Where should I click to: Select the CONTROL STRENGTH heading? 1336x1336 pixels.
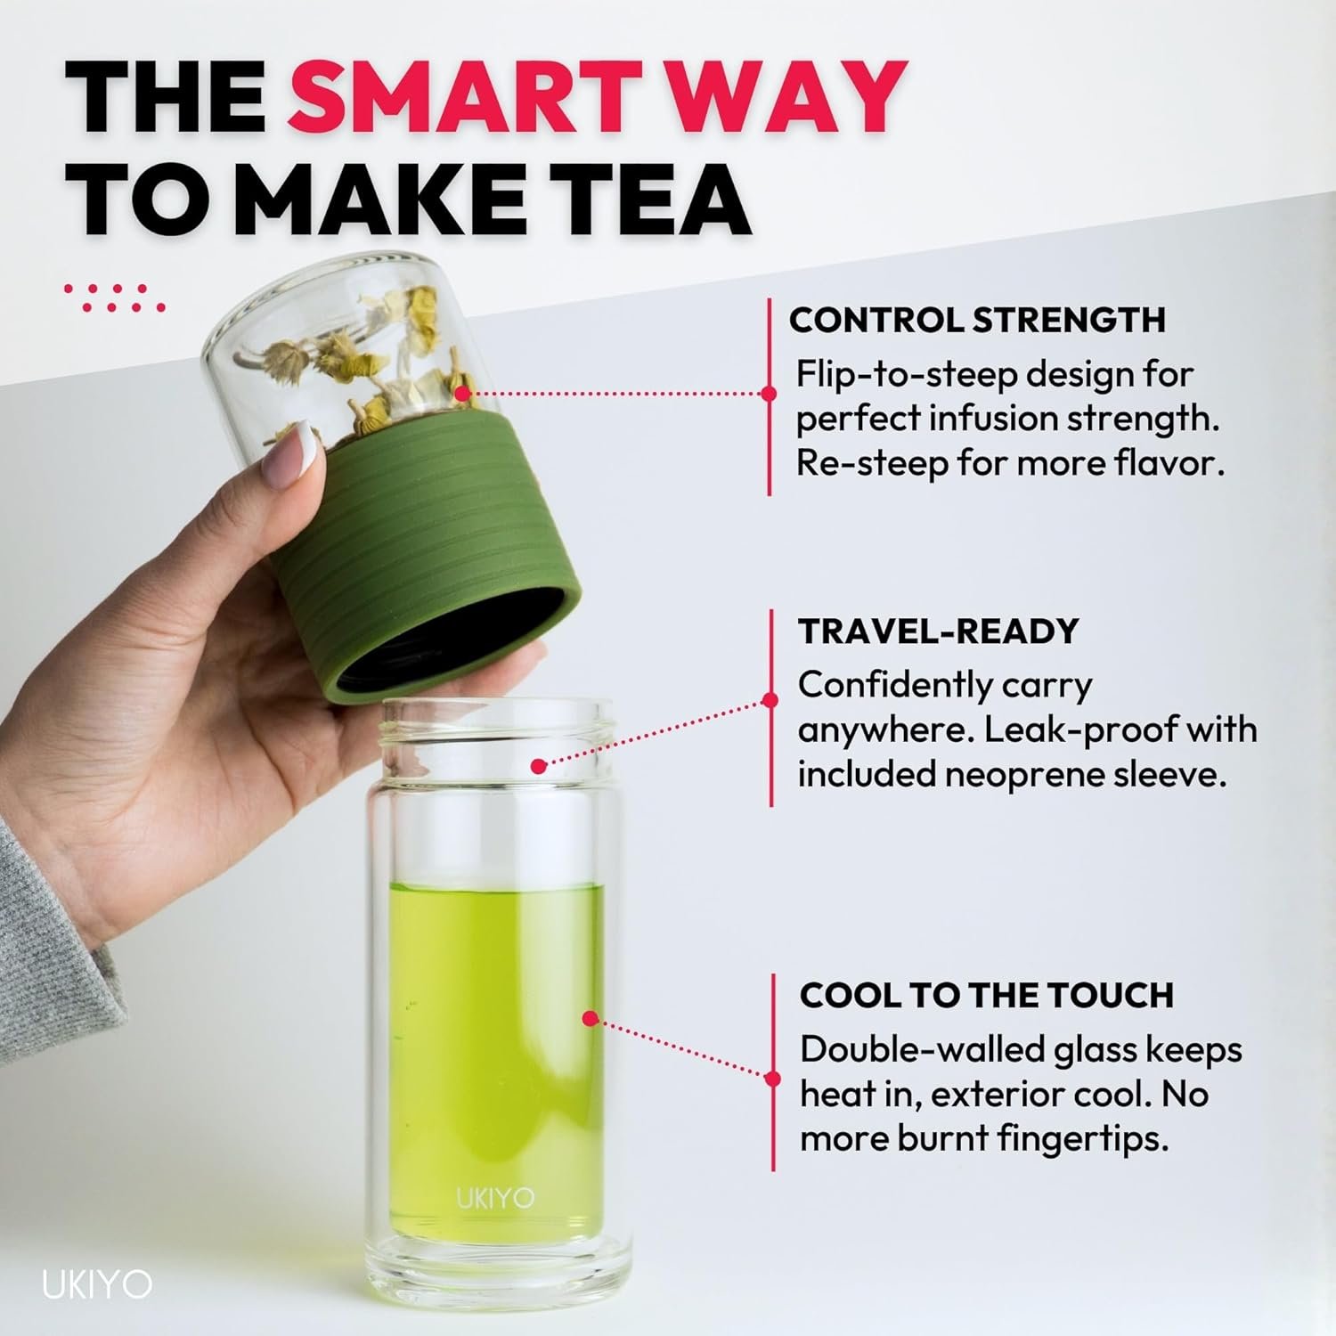click(x=977, y=320)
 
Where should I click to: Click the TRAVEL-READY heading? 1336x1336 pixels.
click(x=939, y=631)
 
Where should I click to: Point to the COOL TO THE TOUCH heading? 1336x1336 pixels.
click(x=987, y=995)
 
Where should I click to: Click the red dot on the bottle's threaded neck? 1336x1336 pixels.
click(x=538, y=765)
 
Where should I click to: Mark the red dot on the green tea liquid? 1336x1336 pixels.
click(x=589, y=1018)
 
